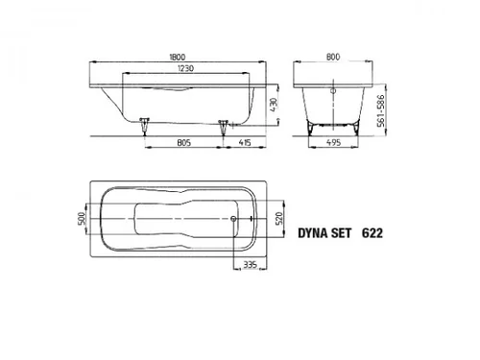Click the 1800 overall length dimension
pyautogui.click(x=178, y=57)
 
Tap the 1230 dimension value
pyautogui.click(x=185, y=68)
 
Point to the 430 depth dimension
pyautogui.click(x=274, y=105)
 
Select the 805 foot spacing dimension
pyautogui.click(x=183, y=142)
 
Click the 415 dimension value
pyautogui.click(x=245, y=142)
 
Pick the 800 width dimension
pyautogui.click(x=333, y=57)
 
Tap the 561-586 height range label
pyautogui.click(x=381, y=110)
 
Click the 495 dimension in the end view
pyautogui.click(x=333, y=142)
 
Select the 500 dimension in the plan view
pyautogui.click(x=82, y=219)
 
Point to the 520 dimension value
pyautogui.click(x=279, y=219)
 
